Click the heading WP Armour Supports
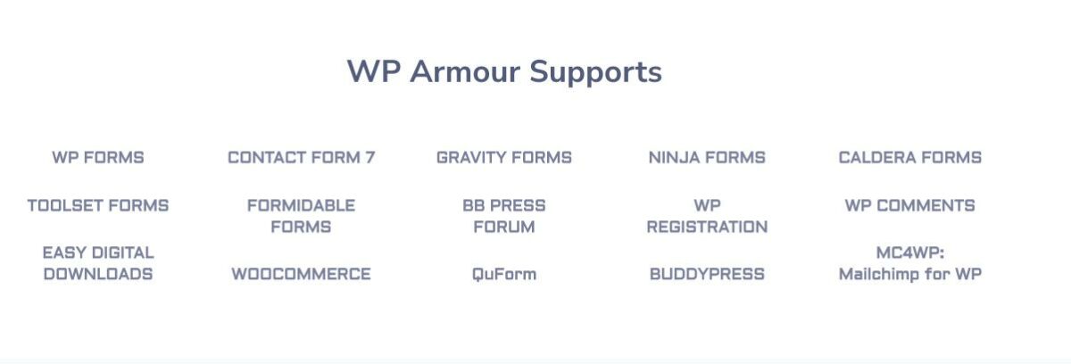tap(504, 71)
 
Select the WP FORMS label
tap(98, 158)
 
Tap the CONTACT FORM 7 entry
tap(302, 158)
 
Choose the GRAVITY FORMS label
tap(504, 158)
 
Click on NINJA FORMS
tap(707, 158)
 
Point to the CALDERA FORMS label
tap(909, 158)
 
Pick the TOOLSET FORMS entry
tap(98, 206)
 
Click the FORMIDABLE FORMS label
tap(302, 217)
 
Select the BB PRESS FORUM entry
tap(504, 217)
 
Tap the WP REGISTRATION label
tap(707, 217)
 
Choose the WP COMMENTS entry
tap(909, 206)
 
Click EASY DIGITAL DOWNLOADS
tap(98, 264)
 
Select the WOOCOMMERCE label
tap(302, 275)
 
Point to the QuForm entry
tap(504, 275)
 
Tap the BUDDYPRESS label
tap(707, 275)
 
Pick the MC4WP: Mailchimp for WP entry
tap(909, 264)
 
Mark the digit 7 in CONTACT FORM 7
tap(369, 158)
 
